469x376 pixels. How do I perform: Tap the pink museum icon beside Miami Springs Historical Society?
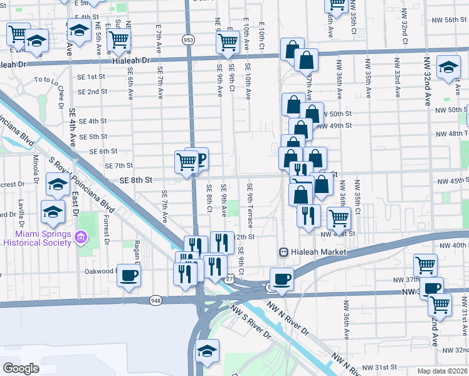80,237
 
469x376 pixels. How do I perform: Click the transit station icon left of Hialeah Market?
283,251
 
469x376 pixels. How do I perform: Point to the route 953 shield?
188,39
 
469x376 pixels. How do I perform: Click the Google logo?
21,368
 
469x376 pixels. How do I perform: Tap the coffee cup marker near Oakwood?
129,275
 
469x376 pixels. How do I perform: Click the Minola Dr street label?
36,170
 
